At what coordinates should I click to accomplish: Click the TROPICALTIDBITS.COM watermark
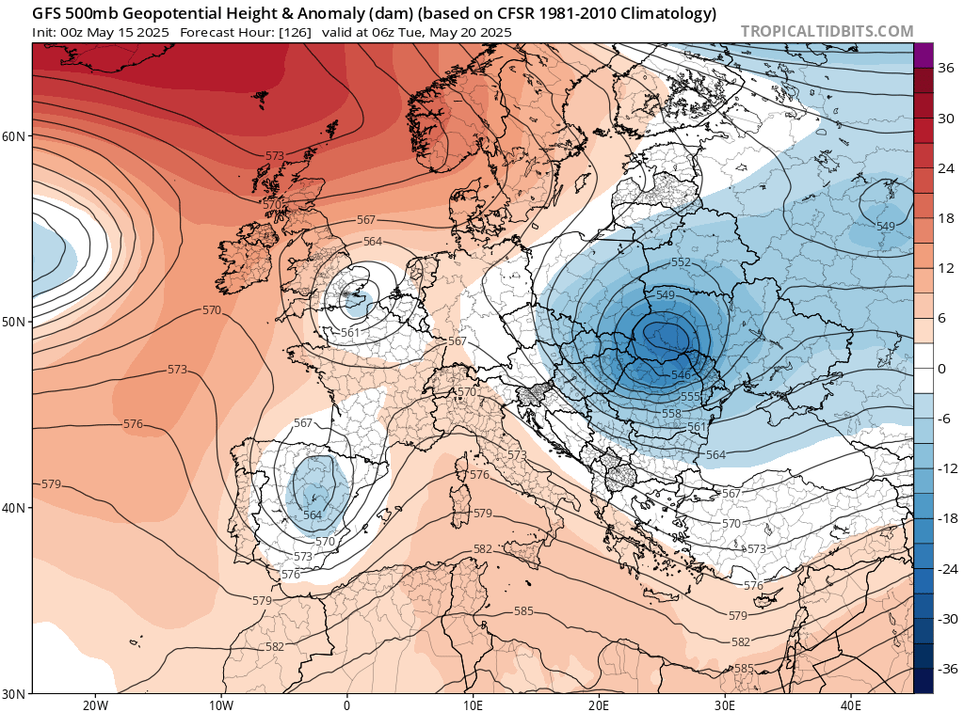tap(827, 32)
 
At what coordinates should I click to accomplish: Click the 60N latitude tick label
tap(14, 135)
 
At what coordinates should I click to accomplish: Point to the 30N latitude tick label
tap(14, 693)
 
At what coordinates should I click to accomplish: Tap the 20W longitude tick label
tap(94, 704)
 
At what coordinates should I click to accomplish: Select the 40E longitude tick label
tap(850, 704)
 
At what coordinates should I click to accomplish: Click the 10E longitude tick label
tap(473, 704)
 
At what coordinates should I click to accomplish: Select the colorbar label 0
tap(941, 368)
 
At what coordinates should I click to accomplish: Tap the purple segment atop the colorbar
tap(923, 55)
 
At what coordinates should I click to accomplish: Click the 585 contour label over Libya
tap(523, 611)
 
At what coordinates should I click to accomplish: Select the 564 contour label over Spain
tap(313, 514)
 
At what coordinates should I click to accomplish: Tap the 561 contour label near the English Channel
tap(351, 333)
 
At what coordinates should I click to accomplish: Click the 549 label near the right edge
tap(885, 226)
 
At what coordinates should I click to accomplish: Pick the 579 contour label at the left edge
tap(51, 484)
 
